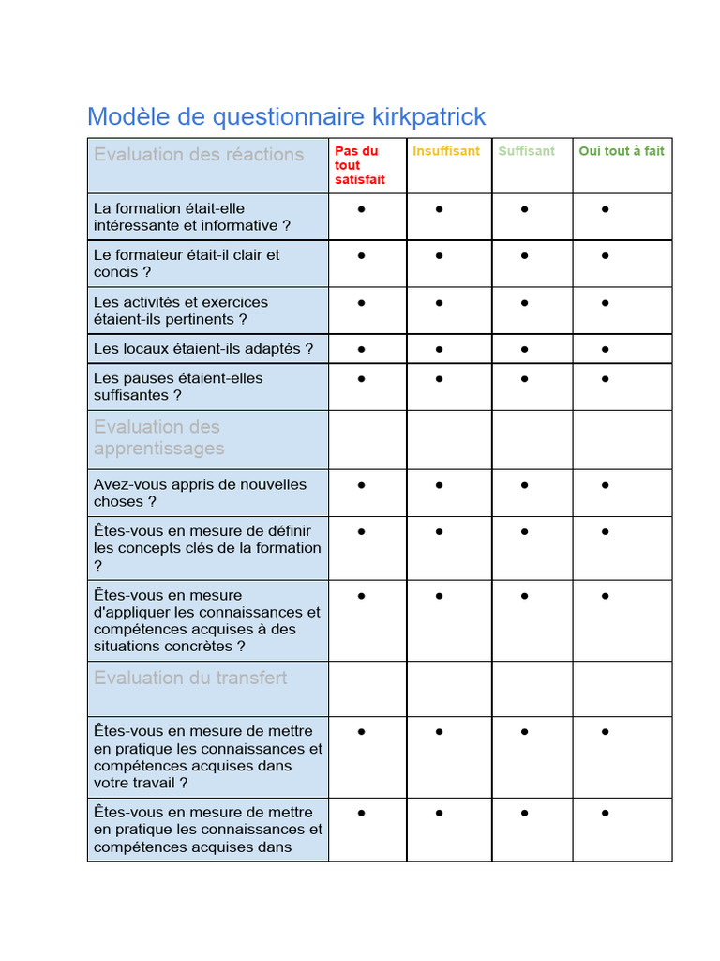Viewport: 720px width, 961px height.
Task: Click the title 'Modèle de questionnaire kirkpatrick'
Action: pyautogui.click(x=286, y=117)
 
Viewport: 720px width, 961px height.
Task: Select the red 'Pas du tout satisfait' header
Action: pyautogui.click(x=359, y=165)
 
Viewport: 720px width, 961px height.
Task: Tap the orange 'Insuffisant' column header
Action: pyautogui.click(x=446, y=151)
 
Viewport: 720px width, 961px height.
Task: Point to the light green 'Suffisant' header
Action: pyautogui.click(x=526, y=151)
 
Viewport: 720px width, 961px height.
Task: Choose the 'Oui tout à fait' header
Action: pyautogui.click(x=622, y=151)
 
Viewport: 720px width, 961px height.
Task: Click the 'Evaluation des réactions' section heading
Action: pyautogui.click(x=199, y=155)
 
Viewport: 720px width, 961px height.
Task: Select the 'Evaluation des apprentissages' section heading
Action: pyautogui.click(x=159, y=438)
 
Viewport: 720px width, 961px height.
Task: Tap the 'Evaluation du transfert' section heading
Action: pyautogui.click(x=190, y=678)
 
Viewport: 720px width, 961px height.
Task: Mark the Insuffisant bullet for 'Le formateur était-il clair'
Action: pyautogui.click(x=440, y=255)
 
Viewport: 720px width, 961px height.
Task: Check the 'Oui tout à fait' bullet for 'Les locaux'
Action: pyautogui.click(x=606, y=349)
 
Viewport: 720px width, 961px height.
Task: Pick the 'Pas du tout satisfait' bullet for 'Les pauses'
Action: pyautogui.click(x=362, y=379)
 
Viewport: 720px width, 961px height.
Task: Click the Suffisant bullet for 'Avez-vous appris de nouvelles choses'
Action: pyautogui.click(x=524, y=485)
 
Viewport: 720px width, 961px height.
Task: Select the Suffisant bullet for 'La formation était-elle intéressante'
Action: pyautogui.click(x=524, y=209)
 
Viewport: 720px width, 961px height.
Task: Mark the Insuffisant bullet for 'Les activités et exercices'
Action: pyautogui.click(x=440, y=303)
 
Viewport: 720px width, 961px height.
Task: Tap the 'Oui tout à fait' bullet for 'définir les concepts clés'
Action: pyautogui.click(x=606, y=532)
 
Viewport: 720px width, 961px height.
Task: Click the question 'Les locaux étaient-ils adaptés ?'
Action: pyautogui.click(x=203, y=349)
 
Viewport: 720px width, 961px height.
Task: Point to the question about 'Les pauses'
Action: pyautogui.click(x=178, y=387)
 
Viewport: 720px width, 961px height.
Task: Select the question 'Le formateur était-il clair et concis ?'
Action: pyautogui.click(x=187, y=264)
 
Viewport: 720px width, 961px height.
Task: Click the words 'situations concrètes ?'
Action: pyautogui.click(x=170, y=647)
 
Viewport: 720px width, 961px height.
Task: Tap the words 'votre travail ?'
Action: pyautogui.click(x=141, y=783)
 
